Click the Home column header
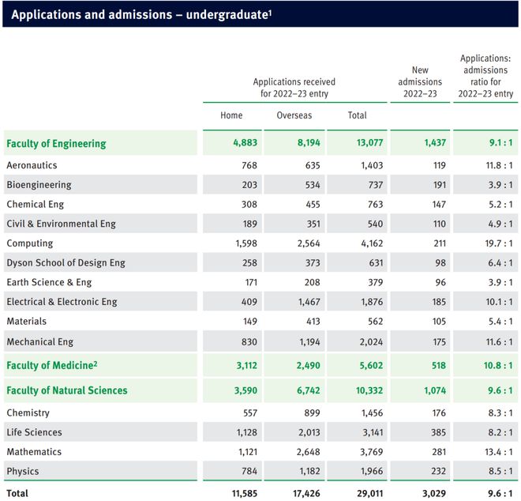[x=231, y=115]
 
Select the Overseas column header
[x=294, y=115]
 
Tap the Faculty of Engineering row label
[x=56, y=143]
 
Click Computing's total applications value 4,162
[x=372, y=243]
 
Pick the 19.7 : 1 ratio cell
[x=499, y=243]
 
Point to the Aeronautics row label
[x=32, y=165]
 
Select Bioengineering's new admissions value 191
[x=440, y=185]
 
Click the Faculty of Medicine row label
[x=52, y=365]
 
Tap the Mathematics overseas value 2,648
[x=309, y=452]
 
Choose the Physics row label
[x=23, y=471]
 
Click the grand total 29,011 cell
[x=369, y=493]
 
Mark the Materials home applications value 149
[x=249, y=321]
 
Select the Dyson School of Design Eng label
[x=66, y=262]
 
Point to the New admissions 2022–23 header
[x=420, y=82]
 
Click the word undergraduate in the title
[x=227, y=15]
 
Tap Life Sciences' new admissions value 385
[x=439, y=432]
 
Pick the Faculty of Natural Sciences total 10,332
[x=369, y=390]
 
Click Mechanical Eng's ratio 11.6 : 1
[x=500, y=341]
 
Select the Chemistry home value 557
[x=250, y=412]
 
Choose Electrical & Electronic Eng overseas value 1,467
[x=309, y=302]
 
